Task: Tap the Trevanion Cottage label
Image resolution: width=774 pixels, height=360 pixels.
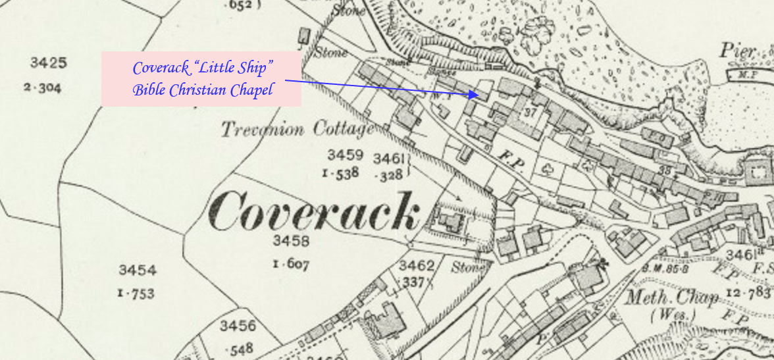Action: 297,129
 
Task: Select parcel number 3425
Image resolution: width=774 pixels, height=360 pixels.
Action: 48,63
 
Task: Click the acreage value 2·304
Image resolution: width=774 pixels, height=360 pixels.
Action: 43,87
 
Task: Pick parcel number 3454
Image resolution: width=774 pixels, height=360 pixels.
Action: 138,270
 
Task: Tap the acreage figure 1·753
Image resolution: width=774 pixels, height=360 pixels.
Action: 136,294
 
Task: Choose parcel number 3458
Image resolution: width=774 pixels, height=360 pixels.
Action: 290,241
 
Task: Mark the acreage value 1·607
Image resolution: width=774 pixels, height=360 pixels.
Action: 290,265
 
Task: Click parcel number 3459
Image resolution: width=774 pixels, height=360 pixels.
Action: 345,156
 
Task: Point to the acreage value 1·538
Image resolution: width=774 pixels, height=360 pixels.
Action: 340,174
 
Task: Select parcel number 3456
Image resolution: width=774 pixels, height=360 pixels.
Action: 238,326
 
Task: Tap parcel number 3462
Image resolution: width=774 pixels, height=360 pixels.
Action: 417,266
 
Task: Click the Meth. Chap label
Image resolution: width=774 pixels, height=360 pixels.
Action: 671,297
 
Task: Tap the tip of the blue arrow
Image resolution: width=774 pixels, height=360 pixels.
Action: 477,95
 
